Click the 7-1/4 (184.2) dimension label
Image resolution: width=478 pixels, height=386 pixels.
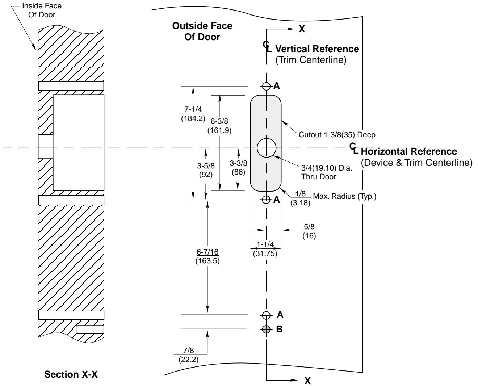pyautogui.click(x=193, y=114)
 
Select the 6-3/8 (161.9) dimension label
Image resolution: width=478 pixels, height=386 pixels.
pyautogui.click(x=219, y=126)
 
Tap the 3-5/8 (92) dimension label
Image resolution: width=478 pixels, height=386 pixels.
pyautogui.click(x=206, y=170)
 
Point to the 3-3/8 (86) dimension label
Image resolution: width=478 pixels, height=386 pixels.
pyautogui.click(x=238, y=168)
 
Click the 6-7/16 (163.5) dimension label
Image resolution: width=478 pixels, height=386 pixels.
pyautogui.click(x=207, y=256)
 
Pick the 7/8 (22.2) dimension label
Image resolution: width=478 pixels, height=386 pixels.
pyautogui.click(x=189, y=355)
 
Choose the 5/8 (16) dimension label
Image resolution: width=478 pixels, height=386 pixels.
pyautogui.click(x=309, y=231)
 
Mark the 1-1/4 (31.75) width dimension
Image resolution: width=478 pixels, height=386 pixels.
pyautogui.click(x=265, y=249)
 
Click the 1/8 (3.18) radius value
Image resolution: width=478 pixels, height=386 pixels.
pyautogui.click(x=300, y=198)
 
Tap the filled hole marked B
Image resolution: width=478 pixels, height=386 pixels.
pyautogui.click(x=266, y=329)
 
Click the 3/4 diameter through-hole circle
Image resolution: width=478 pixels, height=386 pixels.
pyautogui.click(x=267, y=148)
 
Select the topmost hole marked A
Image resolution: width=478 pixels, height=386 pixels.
pyautogui.click(x=266, y=86)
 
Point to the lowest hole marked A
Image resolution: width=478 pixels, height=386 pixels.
pyautogui.click(x=266, y=315)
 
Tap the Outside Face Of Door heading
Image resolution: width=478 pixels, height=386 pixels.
pyautogui.click(x=202, y=31)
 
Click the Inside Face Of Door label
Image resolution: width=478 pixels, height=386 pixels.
pyautogui.click(x=42, y=11)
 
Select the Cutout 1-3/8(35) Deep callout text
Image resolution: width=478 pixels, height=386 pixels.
pyautogui.click(x=337, y=135)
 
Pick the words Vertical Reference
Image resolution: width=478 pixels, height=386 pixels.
pyautogui.click(x=317, y=49)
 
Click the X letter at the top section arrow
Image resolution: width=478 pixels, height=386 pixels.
pyautogui.click(x=302, y=29)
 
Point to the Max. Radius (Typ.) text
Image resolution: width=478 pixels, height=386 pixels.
pyautogui.click(x=344, y=196)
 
